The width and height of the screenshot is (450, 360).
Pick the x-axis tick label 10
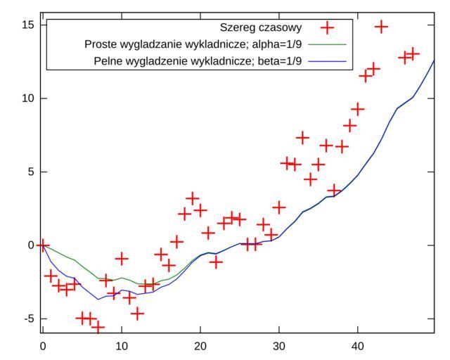(x=122, y=346)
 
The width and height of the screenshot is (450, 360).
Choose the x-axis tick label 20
(x=200, y=346)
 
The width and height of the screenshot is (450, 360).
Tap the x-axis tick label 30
(x=279, y=346)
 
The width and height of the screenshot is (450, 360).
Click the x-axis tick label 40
(x=358, y=346)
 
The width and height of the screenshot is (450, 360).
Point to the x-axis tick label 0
(x=43, y=346)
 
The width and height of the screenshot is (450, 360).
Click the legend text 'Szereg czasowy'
(x=261, y=28)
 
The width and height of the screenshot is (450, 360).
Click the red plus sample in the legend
(x=327, y=28)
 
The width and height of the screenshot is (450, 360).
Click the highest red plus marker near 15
(x=382, y=27)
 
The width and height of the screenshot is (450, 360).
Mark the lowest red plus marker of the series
(x=98, y=328)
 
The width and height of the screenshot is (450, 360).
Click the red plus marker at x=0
(x=43, y=245)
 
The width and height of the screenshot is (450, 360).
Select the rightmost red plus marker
(x=413, y=53)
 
